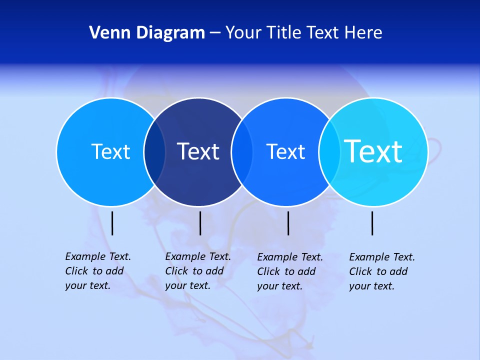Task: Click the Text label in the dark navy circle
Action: (x=198, y=151)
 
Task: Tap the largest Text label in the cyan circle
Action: (x=373, y=151)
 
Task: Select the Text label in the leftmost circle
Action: (x=110, y=151)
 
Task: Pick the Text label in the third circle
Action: (x=285, y=151)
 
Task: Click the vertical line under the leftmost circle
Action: (x=112, y=223)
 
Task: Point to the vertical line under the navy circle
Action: (x=200, y=223)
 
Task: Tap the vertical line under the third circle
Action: (x=288, y=223)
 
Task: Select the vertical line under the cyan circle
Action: (x=372, y=223)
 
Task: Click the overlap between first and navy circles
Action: (x=154, y=152)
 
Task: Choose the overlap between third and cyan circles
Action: (x=329, y=152)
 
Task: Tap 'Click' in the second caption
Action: (x=176, y=271)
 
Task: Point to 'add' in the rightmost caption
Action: (x=399, y=271)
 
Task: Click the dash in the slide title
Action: (x=214, y=33)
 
